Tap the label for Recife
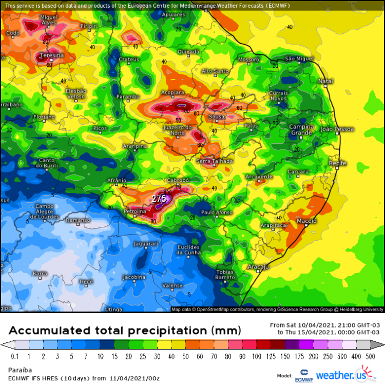(337, 163)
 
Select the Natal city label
(325, 81)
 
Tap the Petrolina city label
(136, 211)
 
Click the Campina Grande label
(301, 129)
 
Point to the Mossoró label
(249, 60)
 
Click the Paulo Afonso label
(217, 213)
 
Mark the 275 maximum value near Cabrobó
(159, 198)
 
